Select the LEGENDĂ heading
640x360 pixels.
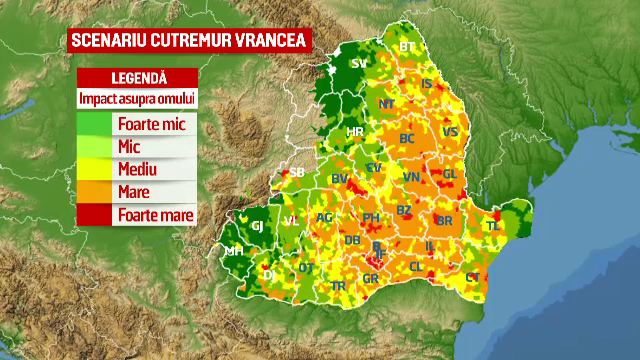[137, 78]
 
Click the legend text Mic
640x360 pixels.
[127, 147]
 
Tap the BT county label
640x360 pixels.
[406, 47]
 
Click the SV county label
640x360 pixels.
[359, 64]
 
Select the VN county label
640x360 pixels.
[411, 177]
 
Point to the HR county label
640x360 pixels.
[354, 132]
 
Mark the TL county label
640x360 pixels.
[491, 227]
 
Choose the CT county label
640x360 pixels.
[473, 277]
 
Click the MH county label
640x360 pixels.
[234, 251]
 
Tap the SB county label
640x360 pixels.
[297, 172]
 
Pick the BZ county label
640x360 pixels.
[403, 210]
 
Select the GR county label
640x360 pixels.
[370, 279]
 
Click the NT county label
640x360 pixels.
[387, 103]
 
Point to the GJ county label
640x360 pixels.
[256, 226]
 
